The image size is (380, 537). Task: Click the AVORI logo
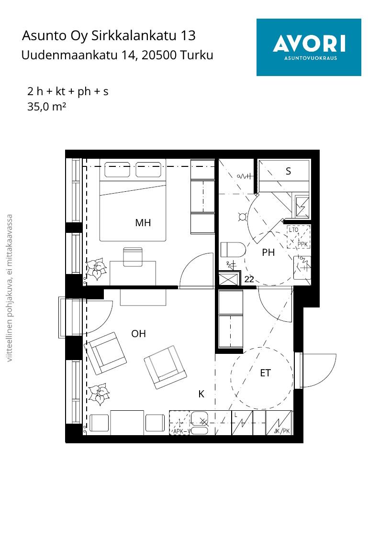[x=309, y=47]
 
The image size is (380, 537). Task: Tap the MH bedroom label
[x=143, y=223]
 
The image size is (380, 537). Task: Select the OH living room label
[x=138, y=334]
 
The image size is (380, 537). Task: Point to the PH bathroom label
[x=268, y=252]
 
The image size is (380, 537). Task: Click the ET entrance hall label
[x=265, y=373]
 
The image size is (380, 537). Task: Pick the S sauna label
[x=288, y=171]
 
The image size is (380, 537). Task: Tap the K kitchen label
[x=201, y=394]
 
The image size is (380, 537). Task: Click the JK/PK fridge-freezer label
[x=282, y=431]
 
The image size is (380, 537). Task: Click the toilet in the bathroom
[x=232, y=249]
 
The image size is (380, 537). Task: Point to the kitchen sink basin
[x=200, y=419]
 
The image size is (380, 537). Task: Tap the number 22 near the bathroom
[x=249, y=279]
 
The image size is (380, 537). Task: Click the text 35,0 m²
[x=46, y=107]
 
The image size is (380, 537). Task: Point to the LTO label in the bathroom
[x=294, y=230]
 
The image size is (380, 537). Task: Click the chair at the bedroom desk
[x=133, y=257]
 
